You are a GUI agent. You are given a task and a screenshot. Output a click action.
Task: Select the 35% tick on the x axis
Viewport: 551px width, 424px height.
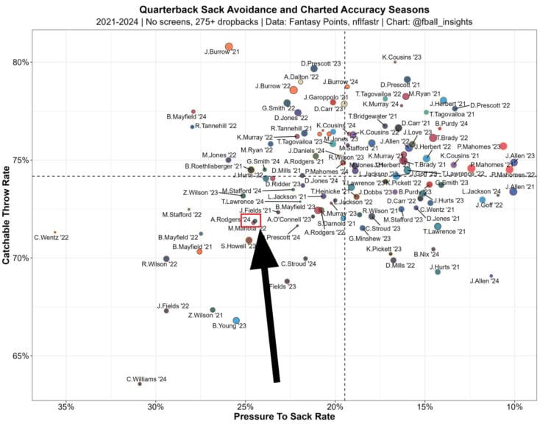click(66, 406)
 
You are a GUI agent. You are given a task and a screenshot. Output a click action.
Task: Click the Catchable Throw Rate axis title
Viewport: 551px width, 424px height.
click(7, 213)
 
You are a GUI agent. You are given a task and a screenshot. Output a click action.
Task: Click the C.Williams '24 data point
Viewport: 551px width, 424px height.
click(140, 384)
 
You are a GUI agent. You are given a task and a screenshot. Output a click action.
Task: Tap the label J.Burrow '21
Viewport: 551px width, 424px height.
click(219, 52)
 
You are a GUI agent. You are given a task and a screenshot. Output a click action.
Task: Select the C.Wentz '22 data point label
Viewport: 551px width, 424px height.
click(51, 238)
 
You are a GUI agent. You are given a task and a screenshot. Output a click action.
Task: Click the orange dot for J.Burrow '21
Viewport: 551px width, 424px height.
click(229, 46)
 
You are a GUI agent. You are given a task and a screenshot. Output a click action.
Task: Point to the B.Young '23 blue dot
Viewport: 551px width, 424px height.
click(236, 320)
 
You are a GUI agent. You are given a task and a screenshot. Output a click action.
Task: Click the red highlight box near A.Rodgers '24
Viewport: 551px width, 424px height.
click(250, 219)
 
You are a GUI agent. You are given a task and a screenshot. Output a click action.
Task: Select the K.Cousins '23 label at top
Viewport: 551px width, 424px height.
click(401, 57)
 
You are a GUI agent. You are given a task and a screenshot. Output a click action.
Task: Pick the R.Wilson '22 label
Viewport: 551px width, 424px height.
click(156, 265)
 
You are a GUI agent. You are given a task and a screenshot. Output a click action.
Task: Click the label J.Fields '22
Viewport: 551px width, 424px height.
click(172, 305)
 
